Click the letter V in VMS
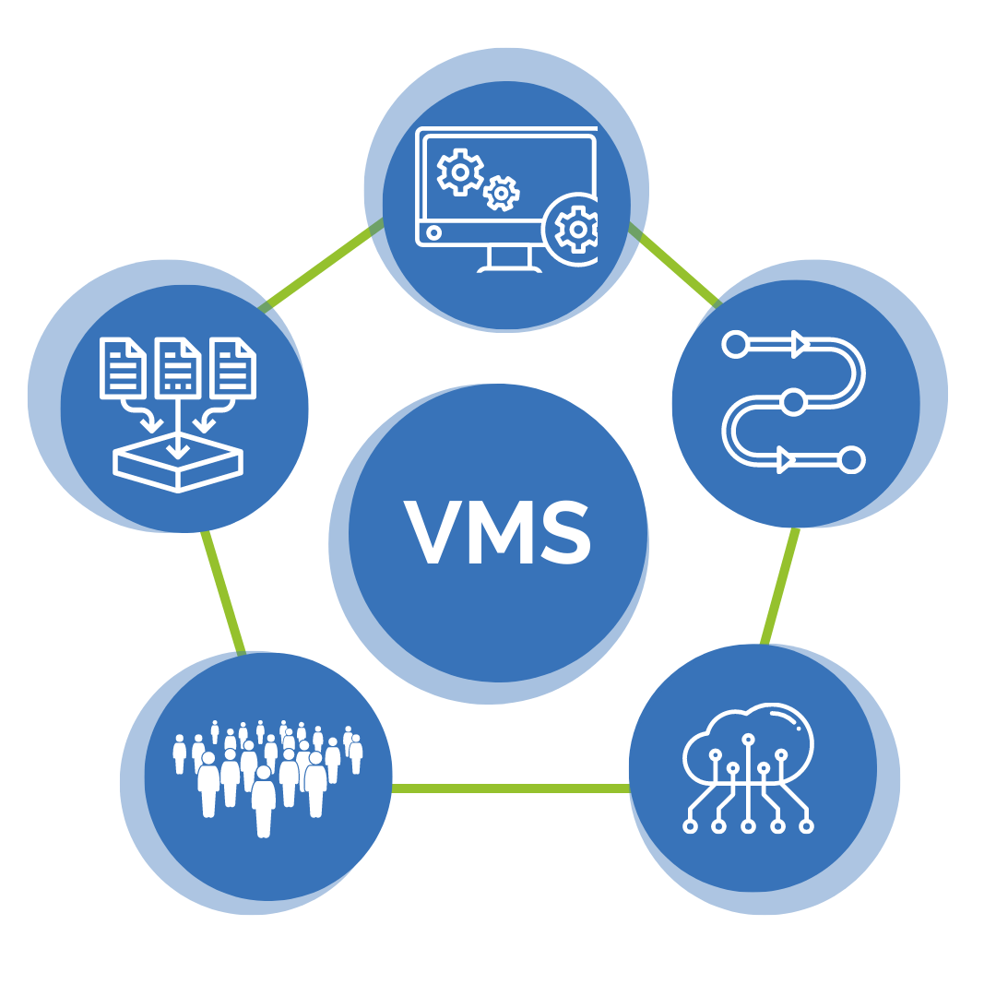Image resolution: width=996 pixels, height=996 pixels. (433, 532)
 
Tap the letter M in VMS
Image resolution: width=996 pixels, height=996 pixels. (501, 532)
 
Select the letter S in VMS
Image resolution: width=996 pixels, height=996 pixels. (565, 532)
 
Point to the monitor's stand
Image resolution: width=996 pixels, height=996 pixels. (509, 257)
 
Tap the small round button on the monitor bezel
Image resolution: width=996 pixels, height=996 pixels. (434, 233)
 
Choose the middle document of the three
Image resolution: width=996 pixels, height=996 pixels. (178, 367)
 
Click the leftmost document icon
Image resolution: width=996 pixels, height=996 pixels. (124, 367)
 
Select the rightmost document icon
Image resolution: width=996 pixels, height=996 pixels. (233, 367)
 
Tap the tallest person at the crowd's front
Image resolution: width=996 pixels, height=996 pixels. (264, 802)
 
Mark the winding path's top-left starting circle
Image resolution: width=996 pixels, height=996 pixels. (735, 345)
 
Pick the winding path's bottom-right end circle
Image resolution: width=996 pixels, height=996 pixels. (852, 458)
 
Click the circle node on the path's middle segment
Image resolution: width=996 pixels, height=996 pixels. (792, 401)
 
